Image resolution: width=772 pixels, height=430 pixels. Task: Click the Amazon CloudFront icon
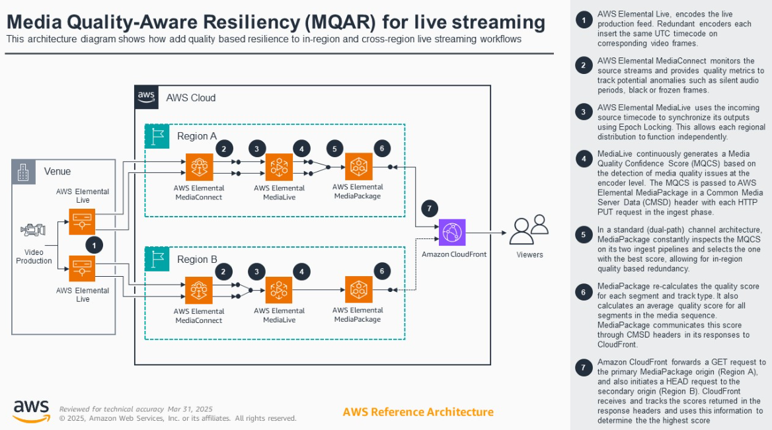click(x=452, y=233)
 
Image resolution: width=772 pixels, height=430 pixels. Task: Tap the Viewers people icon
click(x=529, y=229)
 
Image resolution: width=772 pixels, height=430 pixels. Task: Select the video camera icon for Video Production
click(x=33, y=231)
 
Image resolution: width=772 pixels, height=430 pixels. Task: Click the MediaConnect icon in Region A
click(x=199, y=167)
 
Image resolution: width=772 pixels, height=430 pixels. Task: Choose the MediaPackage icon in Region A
click(x=358, y=167)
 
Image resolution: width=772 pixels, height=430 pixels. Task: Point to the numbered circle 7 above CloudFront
click(x=429, y=209)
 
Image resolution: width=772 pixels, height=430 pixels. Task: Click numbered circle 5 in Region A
click(x=335, y=149)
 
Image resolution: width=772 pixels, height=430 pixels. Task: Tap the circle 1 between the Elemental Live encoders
click(x=95, y=245)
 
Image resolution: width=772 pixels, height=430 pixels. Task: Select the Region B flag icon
click(x=157, y=259)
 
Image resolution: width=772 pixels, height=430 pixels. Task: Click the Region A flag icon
click(x=157, y=136)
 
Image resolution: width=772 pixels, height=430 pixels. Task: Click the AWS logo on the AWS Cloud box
click(x=146, y=97)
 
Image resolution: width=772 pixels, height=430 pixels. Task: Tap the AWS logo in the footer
click(x=31, y=410)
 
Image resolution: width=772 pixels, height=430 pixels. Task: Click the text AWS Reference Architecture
click(x=418, y=412)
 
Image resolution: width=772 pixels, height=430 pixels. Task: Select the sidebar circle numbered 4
click(x=584, y=159)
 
